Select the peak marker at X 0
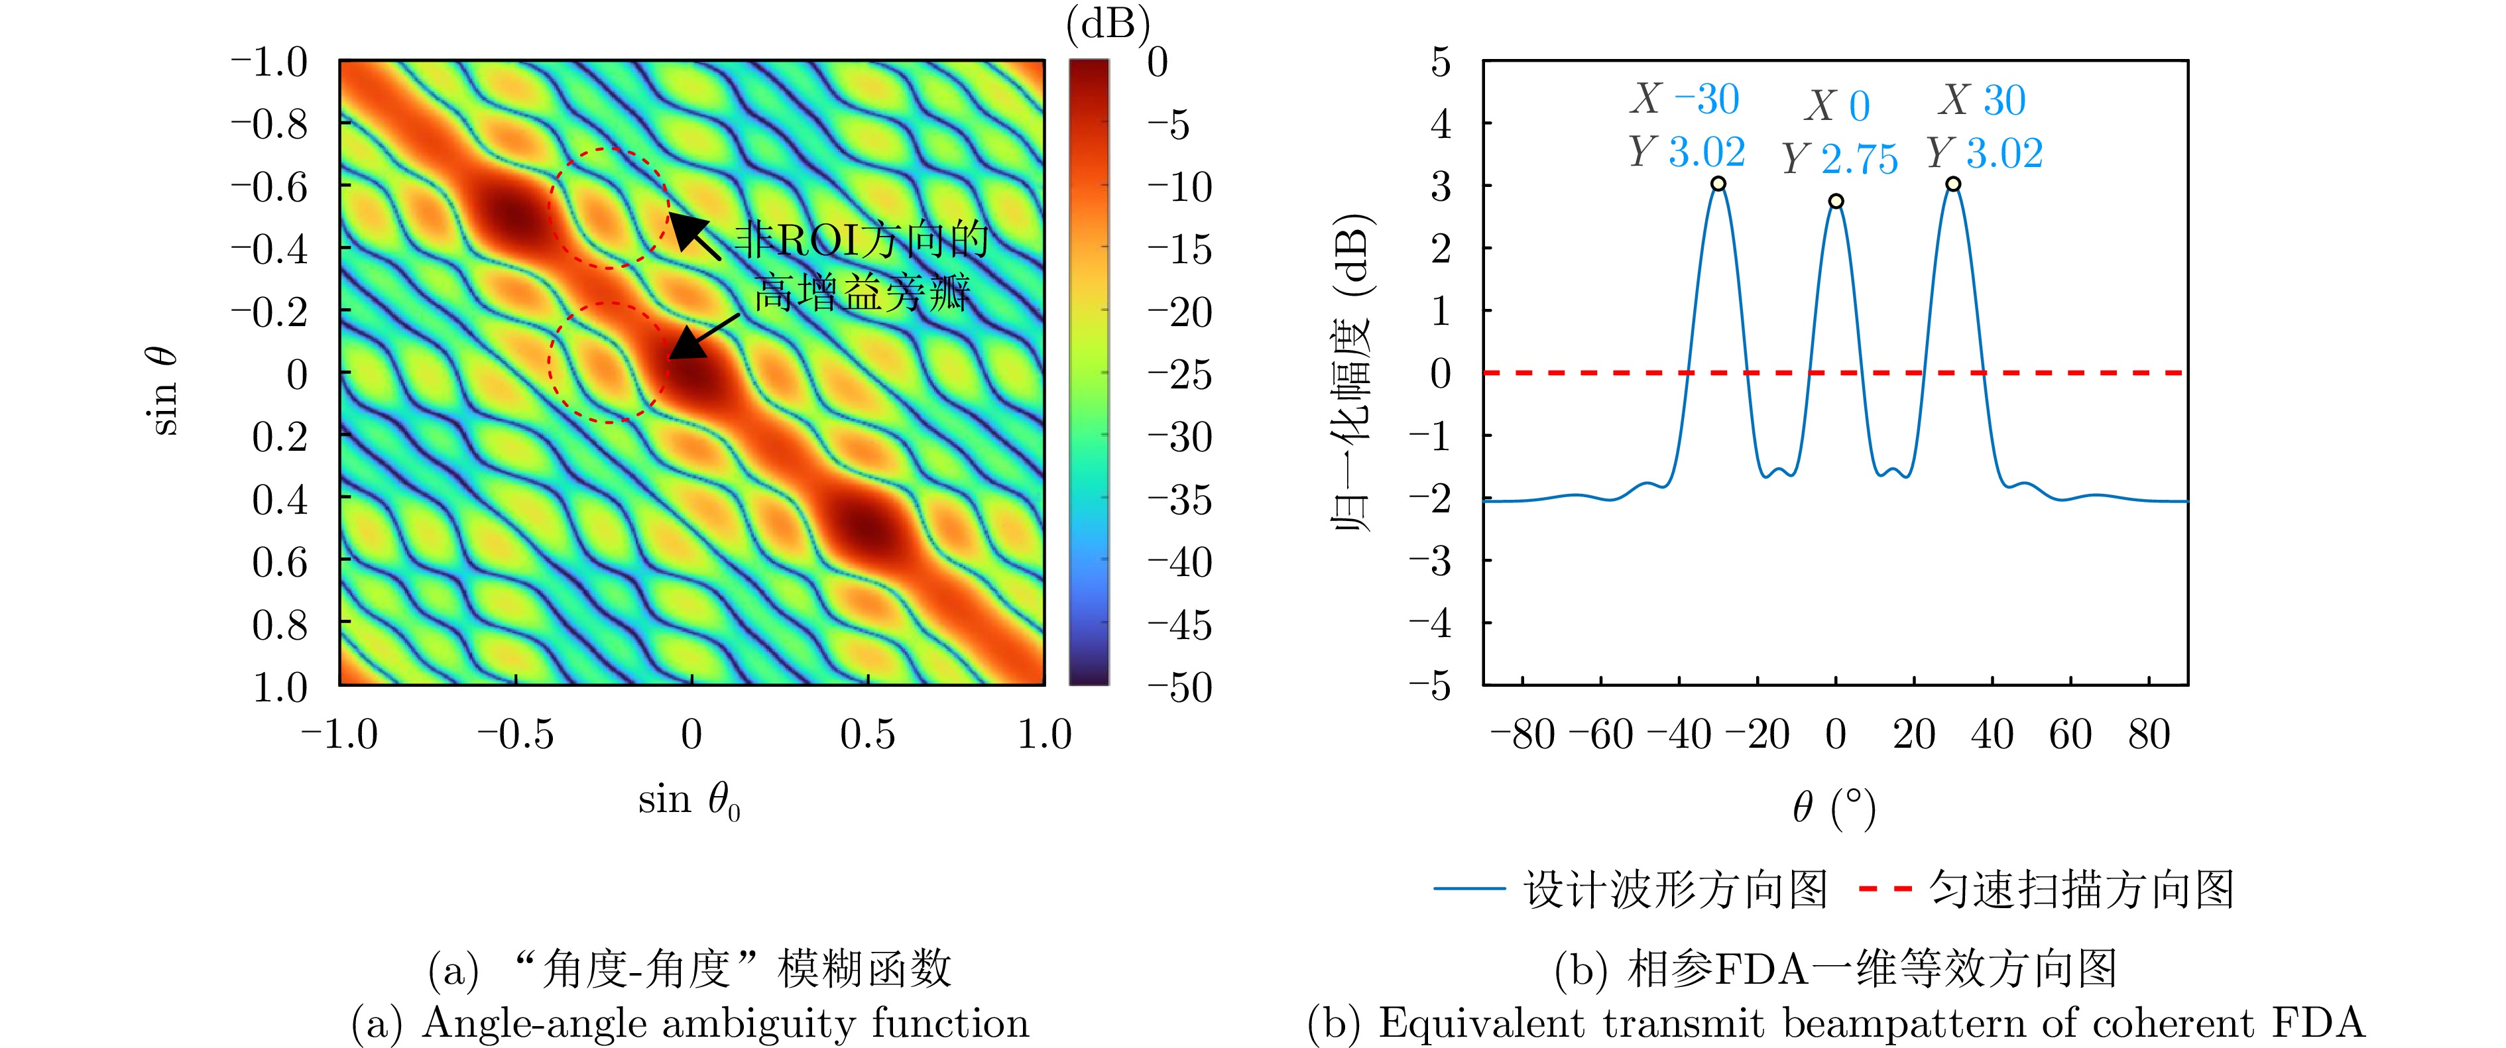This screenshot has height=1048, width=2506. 1836,202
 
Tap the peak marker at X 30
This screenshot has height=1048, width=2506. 1952,184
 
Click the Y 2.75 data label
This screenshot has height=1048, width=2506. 1840,158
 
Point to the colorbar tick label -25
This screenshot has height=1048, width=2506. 1179,375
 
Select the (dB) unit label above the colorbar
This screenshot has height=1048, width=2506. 1108,23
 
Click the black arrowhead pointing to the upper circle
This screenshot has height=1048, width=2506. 686,229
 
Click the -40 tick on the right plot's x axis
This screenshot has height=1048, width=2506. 1677,734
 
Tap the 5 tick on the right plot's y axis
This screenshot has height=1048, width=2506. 1440,62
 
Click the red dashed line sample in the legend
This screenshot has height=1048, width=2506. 1885,888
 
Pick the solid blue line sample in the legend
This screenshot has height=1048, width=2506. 1469,888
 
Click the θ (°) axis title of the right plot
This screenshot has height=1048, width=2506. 1834,807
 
